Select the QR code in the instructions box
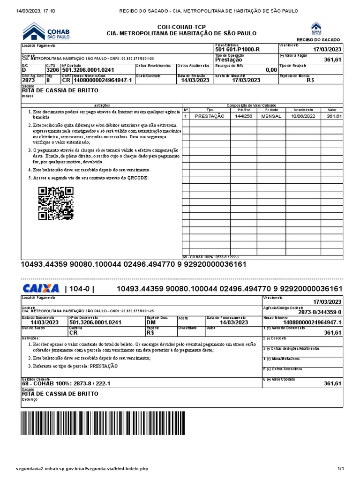[56, 203]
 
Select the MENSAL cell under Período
[271, 116]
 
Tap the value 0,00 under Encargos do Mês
[271, 70]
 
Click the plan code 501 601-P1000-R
[237, 50]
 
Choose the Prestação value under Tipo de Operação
[229, 60]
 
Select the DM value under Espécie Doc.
[151, 322]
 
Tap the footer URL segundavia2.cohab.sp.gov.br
[82, 468]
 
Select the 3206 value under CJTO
[53, 70]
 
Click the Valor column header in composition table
[332, 109]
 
